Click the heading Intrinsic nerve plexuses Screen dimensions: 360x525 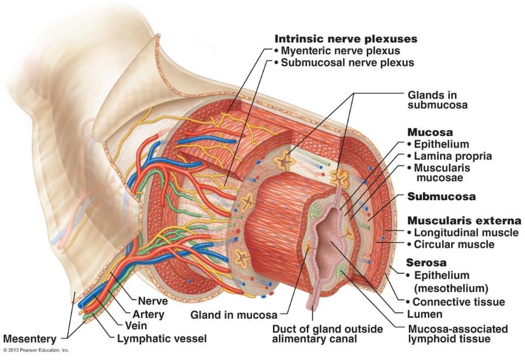pos(346,39)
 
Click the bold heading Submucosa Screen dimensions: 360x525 pos(441,197)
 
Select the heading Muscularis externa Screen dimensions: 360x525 pos(463,221)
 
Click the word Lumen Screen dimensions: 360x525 pos(429,315)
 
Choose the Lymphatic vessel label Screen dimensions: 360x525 pos(162,338)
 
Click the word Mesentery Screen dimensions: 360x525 pos(30,338)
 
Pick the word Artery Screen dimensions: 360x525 pos(148,314)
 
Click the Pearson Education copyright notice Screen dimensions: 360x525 pos(36,350)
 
